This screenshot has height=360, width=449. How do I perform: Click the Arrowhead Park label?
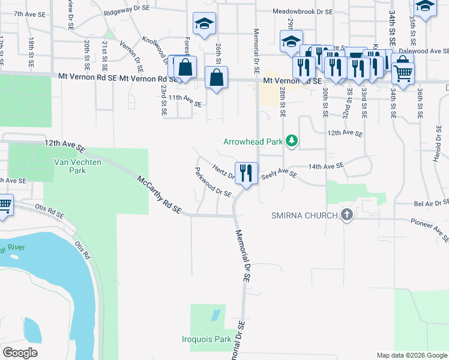coord(253,142)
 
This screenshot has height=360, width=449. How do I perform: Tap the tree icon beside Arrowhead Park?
coord(292,142)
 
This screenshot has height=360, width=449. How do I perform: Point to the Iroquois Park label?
coord(206,339)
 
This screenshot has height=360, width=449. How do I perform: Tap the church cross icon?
coord(346,214)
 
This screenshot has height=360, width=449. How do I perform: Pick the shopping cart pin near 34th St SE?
coord(403,73)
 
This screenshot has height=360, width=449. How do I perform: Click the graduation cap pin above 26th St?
coord(204,25)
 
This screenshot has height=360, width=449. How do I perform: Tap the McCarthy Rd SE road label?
coord(159,194)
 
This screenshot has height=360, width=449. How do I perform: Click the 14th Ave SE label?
coord(326,165)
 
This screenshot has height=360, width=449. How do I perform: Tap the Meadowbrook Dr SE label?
coord(303,11)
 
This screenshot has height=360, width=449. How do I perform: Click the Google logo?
coord(20,353)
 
